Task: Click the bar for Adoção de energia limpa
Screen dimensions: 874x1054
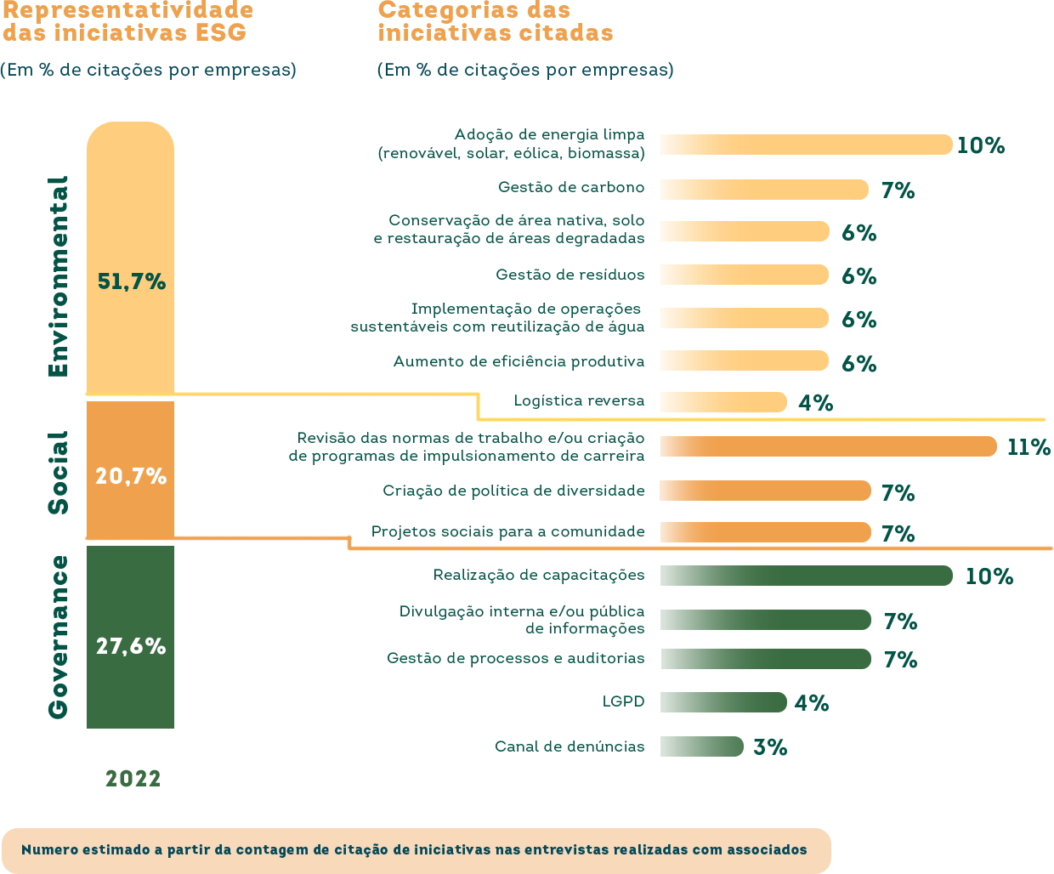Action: click(806, 145)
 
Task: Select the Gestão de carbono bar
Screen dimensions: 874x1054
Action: click(764, 189)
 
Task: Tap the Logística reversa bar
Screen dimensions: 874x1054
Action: click(723, 402)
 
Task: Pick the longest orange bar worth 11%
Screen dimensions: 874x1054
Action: click(828, 446)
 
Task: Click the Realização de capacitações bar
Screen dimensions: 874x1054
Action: click(806, 576)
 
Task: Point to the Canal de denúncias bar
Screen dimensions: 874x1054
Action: click(701, 746)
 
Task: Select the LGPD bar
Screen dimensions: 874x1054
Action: click(723, 702)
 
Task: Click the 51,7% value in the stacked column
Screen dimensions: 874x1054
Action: click(131, 281)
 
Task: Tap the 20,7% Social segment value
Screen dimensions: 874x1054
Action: click(131, 476)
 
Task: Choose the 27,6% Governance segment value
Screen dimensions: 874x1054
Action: click(131, 646)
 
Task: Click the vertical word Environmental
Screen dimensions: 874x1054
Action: click(58, 276)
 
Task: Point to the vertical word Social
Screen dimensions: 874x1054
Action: click(58, 473)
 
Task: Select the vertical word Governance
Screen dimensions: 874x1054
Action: click(58, 637)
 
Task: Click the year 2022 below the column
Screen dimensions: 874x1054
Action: click(133, 779)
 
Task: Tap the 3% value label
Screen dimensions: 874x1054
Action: click(770, 747)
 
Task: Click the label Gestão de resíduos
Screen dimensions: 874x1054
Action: click(569, 275)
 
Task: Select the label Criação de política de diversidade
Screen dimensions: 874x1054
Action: click(513, 491)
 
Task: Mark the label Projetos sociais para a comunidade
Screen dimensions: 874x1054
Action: click(507, 531)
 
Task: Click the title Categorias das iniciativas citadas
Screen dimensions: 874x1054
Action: click(495, 22)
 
